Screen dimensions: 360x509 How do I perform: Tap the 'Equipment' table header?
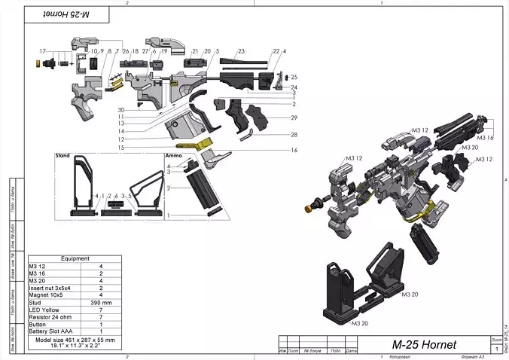click(x=75, y=258)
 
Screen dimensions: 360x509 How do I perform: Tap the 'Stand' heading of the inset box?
click(x=62, y=156)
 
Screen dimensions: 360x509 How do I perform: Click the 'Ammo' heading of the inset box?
click(x=173, y=156)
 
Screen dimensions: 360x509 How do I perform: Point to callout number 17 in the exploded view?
click(x=23, y=50)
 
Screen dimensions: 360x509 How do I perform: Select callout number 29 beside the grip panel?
click(x=294, y=118)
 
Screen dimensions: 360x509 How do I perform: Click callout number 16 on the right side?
click(x=294, y=151)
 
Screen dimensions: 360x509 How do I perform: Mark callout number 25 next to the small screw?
click(x=294, y=78)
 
